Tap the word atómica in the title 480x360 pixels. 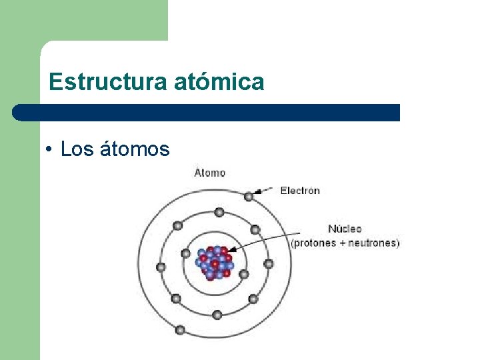(x=219, y=82)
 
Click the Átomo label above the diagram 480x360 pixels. (x=210, y=173)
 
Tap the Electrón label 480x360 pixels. (x=300, y=191)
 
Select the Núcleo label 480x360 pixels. (x=345, y=229)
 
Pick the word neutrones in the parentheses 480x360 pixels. (x=374, y=243)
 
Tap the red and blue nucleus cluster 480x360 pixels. (x=215, y=263)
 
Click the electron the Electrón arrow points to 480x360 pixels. (x=249, y=196)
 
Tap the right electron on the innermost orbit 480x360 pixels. (x=244, y=274)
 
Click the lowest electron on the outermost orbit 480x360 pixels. (x=179, y=329)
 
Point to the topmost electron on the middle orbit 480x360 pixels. (x=218, y=212)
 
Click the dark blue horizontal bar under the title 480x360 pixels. (x=207, y=112)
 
